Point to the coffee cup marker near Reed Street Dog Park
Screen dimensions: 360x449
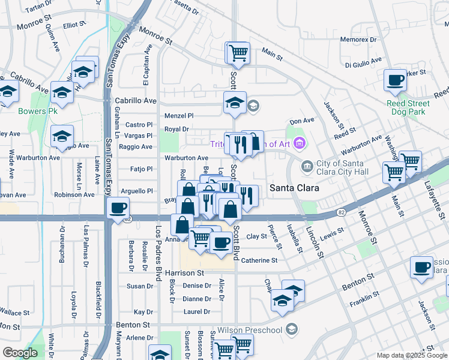[x=395, y=80]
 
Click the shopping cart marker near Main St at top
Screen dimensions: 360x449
[x=238, y=52]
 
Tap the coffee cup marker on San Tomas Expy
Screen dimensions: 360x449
[x=118, y=208]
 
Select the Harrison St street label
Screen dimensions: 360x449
[x=184, y=273]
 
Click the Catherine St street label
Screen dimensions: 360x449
[x=259, y=260]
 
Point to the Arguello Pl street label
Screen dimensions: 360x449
[x=138, y=191]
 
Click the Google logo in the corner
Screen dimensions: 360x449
[x=20, y=353]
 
